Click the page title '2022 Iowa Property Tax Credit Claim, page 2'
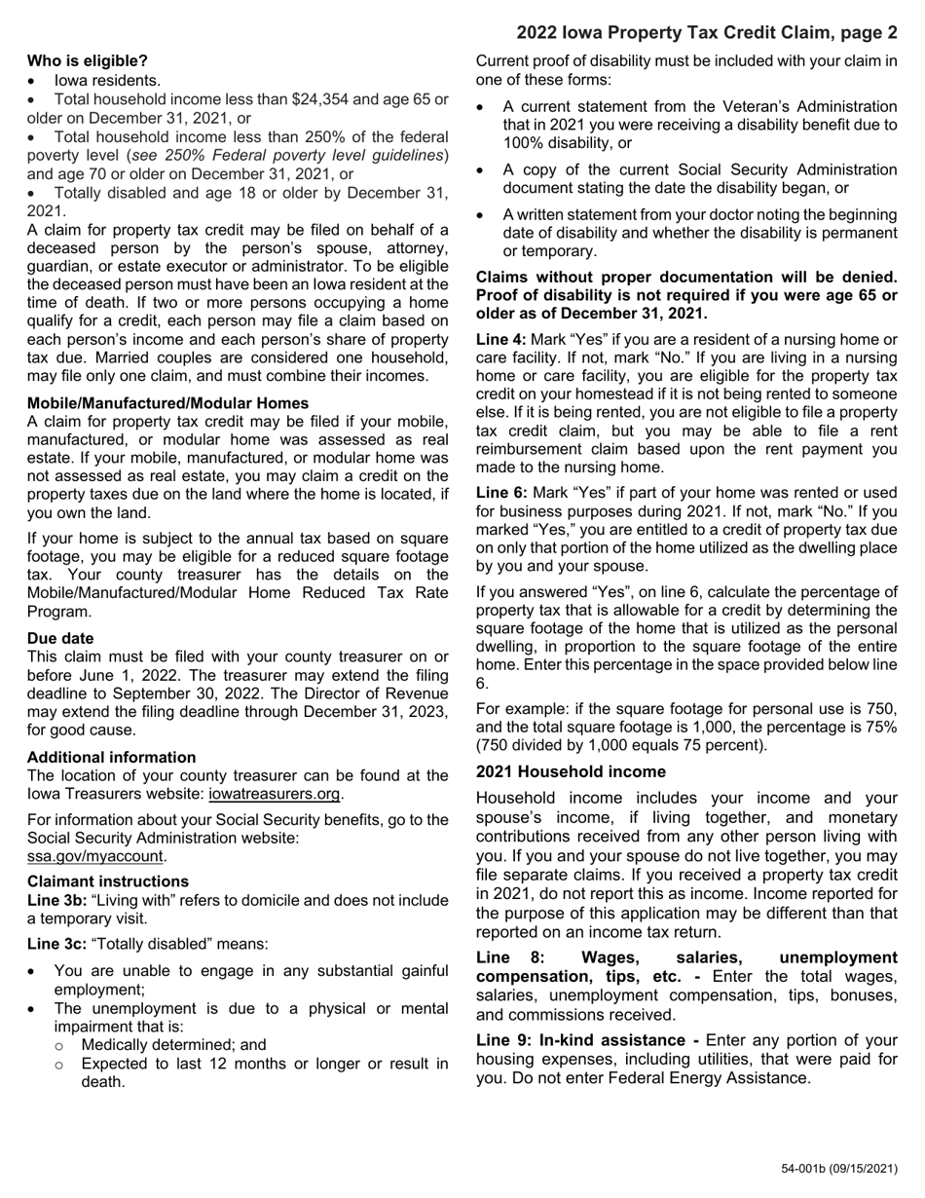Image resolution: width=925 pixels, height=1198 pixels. point(706,33)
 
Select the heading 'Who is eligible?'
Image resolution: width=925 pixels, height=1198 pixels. point(88,60)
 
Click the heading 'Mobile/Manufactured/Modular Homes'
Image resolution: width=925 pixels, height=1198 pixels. point(167,403)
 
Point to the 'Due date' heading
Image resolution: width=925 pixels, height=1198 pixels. point(60,638)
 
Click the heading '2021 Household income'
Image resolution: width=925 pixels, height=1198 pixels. point(571,771)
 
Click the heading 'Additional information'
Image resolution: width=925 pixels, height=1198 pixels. point(111,757)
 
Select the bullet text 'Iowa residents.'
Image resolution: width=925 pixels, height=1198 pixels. point(107,80)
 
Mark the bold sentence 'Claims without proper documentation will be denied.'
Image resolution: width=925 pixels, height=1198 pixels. point(686,278)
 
